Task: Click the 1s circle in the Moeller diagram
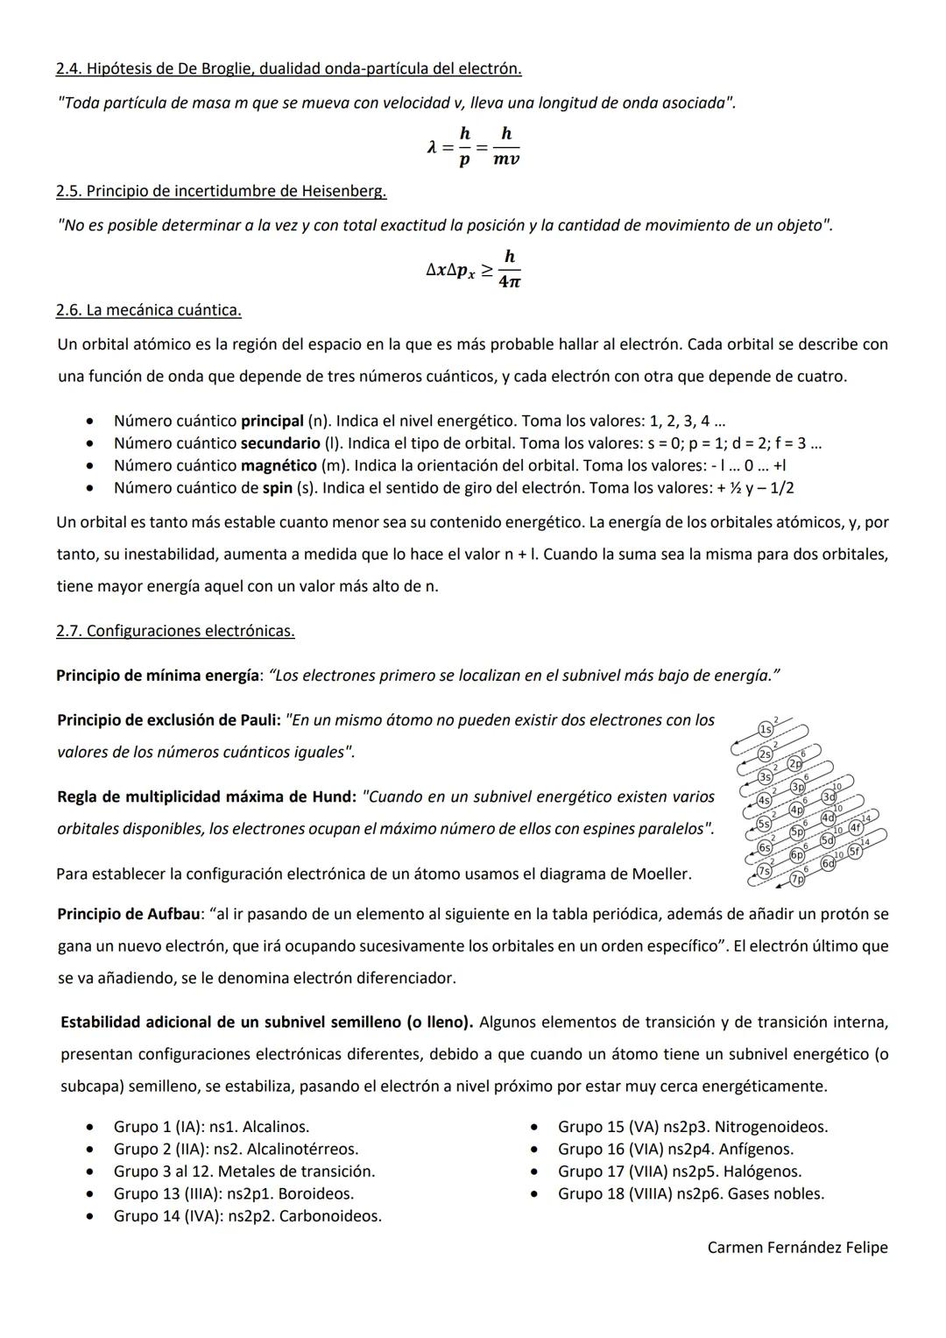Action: tap(766, 729)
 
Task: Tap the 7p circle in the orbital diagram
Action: tap(797, 879)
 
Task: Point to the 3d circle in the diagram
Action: tap(828, 797)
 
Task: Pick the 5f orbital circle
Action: tap(855, 850)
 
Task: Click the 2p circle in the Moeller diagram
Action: tap(794, 763)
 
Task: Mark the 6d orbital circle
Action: tap(828, 864)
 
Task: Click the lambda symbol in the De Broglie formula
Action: tap(432, 148)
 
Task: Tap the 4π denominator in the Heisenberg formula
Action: tap(509, 282)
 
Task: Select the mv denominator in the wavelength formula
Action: tap(506, 160)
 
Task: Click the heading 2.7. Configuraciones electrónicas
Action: tap(175, 631)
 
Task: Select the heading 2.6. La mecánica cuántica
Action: tap(148, 310)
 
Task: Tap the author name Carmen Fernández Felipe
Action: tap(797, 1248)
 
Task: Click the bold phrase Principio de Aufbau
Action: tap(128, 915)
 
